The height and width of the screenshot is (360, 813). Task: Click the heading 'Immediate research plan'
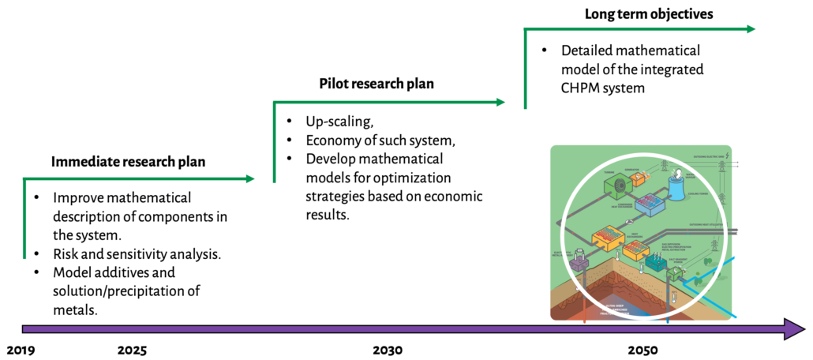pyautogui.click(x=128, y=163)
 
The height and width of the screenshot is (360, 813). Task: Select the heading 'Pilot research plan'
pyautogui.click(x=377, y=84)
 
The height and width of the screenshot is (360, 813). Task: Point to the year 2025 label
pyautogui.click(x=131, y=349)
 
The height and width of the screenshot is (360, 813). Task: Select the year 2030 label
pyautogui.click(x=388, y=349)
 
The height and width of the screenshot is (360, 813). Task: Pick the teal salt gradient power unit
pyautogui.click(x=657, y=263)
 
